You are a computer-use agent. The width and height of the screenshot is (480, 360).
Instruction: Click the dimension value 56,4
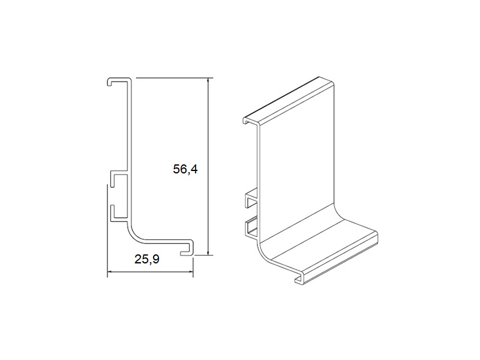pyautogui.click(x=185, y=169)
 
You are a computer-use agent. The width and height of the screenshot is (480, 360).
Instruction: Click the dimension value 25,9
pyautogui.click(x=147, y=259)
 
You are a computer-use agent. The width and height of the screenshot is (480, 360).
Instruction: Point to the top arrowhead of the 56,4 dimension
pyautogui.click(x=208, y=80)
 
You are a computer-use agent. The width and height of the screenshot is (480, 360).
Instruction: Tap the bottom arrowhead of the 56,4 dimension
pyautogui.click(x=208, y=252)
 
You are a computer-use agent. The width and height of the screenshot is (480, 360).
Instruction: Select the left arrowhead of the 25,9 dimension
pyautogui.click(x=110, y=272)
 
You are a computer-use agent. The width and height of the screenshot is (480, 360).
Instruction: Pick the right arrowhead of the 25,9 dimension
pyautogui.click(x=190, y=272)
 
